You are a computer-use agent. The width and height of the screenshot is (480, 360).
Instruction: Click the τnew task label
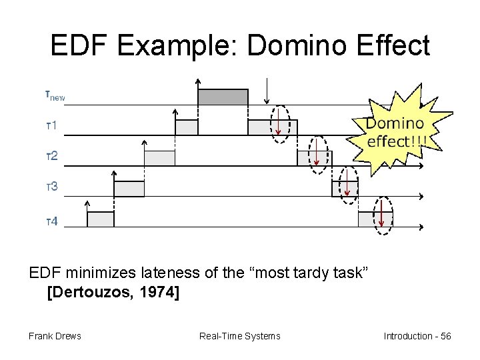(x=55, y=95)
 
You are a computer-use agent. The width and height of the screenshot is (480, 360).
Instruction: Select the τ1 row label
(x=51, y=126)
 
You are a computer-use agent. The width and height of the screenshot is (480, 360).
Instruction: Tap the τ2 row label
(x=51, y=157)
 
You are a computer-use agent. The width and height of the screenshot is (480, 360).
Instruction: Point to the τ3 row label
(x=51, y=187)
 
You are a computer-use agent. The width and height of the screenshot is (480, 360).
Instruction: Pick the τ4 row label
(x=51, y=221)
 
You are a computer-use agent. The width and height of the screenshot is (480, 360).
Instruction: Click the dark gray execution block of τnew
(x=223, y=97)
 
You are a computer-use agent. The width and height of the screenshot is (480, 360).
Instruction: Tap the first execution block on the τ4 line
(x=101, y=219)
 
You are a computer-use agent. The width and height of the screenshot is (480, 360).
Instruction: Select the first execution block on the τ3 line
(x=129, y=189)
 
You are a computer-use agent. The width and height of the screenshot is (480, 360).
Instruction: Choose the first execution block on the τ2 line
(x=159, y=158)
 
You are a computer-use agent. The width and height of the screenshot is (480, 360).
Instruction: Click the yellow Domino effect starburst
(x=395, y=132)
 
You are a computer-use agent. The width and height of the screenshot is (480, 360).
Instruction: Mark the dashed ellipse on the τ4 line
(x=383, y=216)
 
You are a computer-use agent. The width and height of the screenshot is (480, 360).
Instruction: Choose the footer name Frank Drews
(x=55, y=336)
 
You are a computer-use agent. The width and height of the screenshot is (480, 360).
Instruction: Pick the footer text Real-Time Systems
(x=240, y=336)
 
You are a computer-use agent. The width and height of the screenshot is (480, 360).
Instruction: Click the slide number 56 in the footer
(x=445, y=336)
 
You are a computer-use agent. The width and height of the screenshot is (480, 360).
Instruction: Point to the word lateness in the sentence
(x=148, y=273)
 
